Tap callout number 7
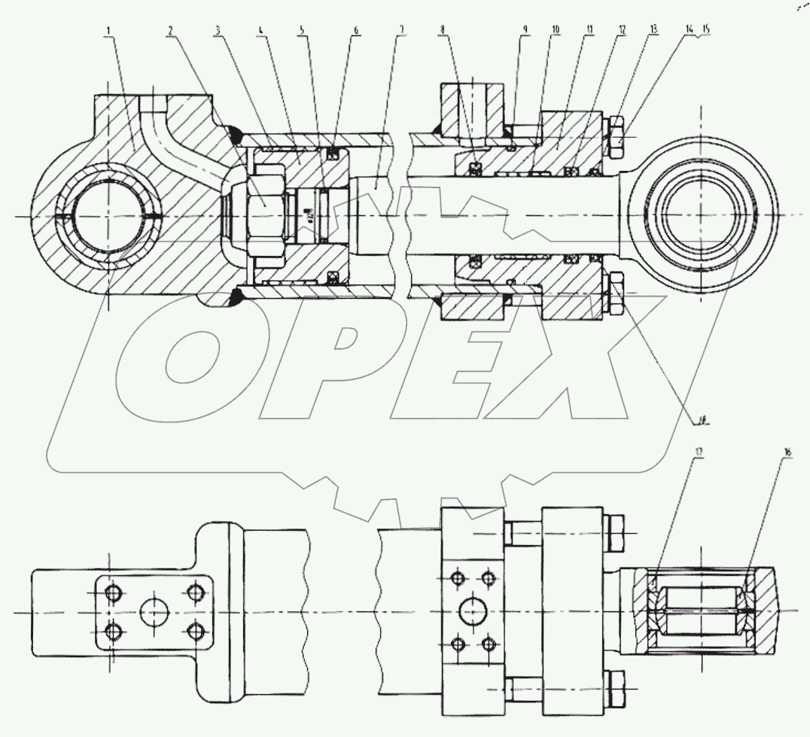coord(402,31)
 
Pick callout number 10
coord(556,31)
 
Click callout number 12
coord(622,31)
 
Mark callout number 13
coord(653,31)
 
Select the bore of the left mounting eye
coord(107,216)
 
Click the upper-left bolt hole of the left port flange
coord(113,593)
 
